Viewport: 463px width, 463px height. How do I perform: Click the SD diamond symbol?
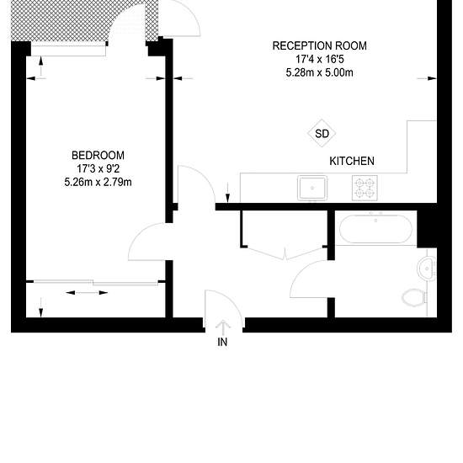tap(322, 133)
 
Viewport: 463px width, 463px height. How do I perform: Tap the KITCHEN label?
tap(352, 162)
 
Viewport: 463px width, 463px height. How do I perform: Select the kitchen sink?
tap(312, 188)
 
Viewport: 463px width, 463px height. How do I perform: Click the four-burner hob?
tap(365, 188)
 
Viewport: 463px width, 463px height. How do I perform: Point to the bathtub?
tap(375, 229)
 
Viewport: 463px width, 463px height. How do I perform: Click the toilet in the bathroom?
tap(414, 297)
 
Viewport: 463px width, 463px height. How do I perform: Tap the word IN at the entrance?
tap(222, 343)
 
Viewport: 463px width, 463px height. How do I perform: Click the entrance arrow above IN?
tap(223, 327)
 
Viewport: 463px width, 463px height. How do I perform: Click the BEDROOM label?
tap(98, 156)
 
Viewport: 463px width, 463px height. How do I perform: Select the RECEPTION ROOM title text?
tap(320, 45)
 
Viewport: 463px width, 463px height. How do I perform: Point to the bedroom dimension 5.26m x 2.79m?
tap(98, 182)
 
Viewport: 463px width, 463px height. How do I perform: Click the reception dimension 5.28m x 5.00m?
tap(320, 72)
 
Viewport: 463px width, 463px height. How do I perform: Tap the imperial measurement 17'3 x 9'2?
tap(98, 168)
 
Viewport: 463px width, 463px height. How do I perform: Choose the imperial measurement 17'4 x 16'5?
tap(320, 59)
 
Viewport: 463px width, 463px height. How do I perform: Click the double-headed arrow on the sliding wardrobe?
tap(87, 293)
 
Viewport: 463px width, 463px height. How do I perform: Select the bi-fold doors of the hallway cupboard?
tap(285, 253)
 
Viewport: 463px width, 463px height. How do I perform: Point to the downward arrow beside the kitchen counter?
tap(227, 193)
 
